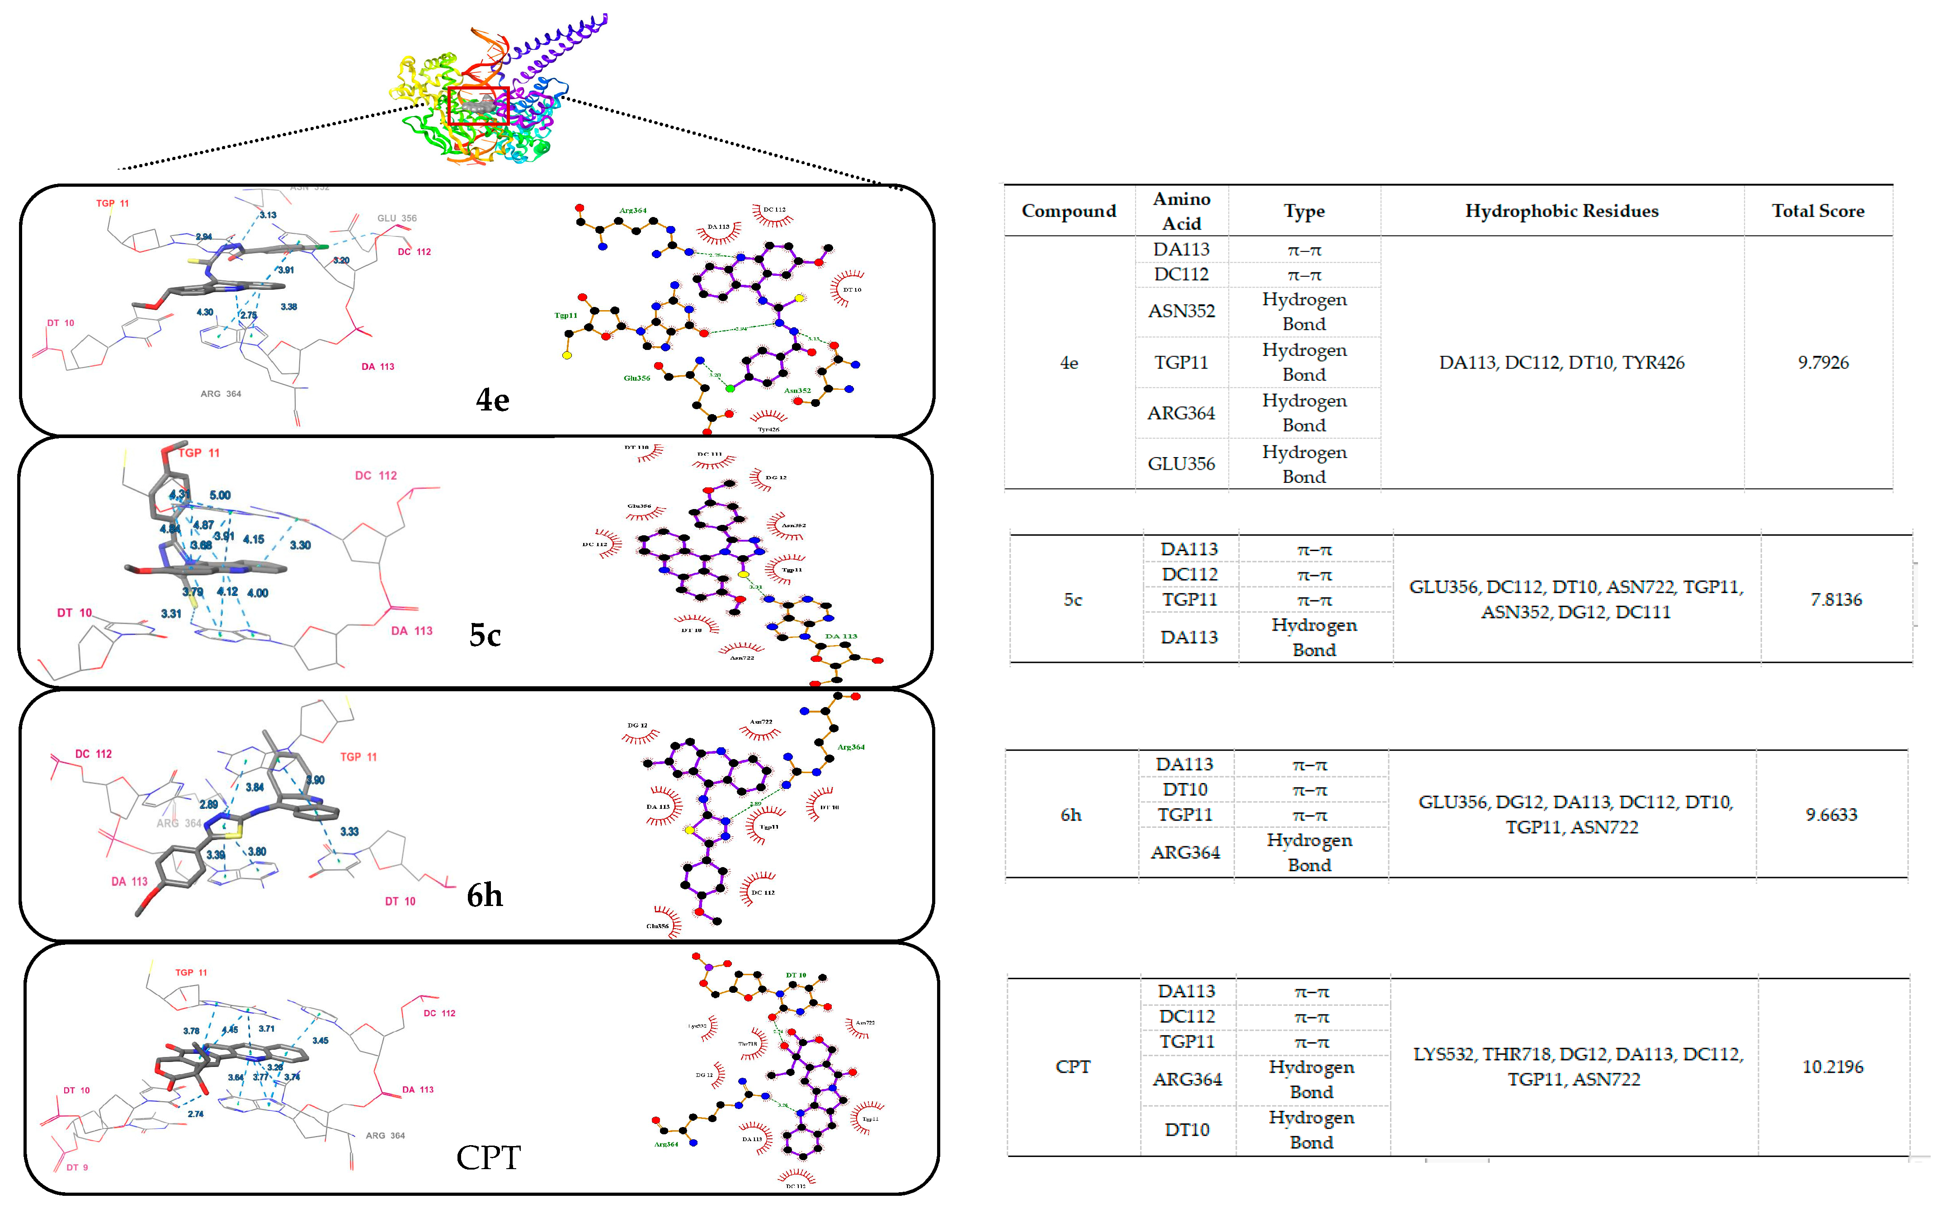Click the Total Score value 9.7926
(1823, 362)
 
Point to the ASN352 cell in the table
(1181, 311)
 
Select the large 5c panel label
(485, 635)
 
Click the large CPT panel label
(488, 1157)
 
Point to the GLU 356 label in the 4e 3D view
(397, 218)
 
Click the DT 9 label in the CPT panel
(77, 1167)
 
